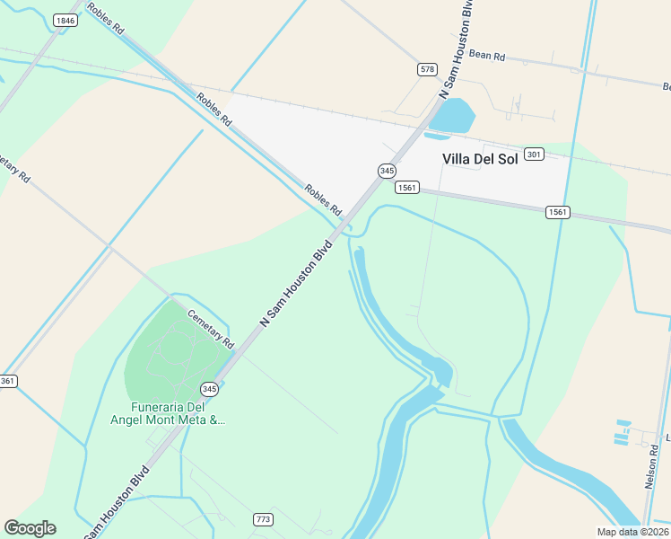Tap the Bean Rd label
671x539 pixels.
487,56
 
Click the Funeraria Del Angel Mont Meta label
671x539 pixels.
167,412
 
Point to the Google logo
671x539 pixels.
30,528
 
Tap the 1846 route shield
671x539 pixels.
65,20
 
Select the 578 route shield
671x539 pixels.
427,69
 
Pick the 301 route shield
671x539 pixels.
534,155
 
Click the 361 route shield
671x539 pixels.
7,382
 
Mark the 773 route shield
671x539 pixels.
263,519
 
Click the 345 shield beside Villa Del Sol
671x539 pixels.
387,170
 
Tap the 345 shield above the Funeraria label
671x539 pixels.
209,389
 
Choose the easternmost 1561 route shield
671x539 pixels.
557,212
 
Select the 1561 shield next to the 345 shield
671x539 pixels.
406,187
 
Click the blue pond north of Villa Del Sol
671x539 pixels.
452,115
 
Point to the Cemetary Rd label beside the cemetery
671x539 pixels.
210,329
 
